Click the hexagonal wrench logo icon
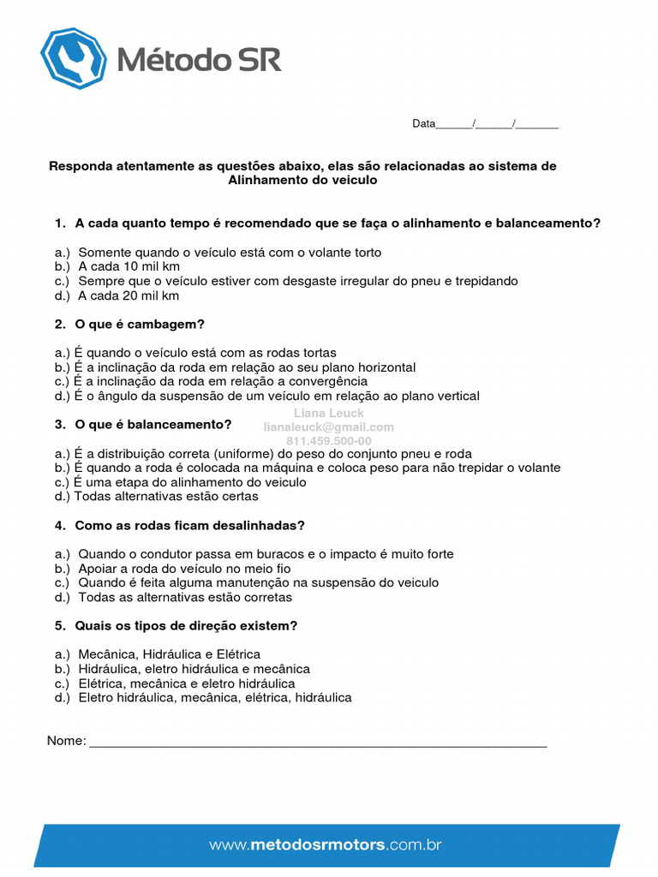coord(74,58)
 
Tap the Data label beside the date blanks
coord(423,123)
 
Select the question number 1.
coord(59,223)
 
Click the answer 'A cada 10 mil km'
coord(129,266)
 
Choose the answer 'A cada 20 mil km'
coord(129,295)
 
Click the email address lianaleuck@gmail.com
coord(329,427)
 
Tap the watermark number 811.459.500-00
coord(329,441)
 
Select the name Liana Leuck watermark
coord(329,413)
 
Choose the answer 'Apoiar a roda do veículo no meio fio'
coord(184,568)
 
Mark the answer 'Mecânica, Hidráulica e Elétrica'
coord(169,654)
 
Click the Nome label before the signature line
coord(66,741)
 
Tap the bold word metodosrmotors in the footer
coord(317,844)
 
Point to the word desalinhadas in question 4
coord(265,525)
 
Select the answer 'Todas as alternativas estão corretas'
coord(185,597)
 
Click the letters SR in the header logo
coord(260,59)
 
